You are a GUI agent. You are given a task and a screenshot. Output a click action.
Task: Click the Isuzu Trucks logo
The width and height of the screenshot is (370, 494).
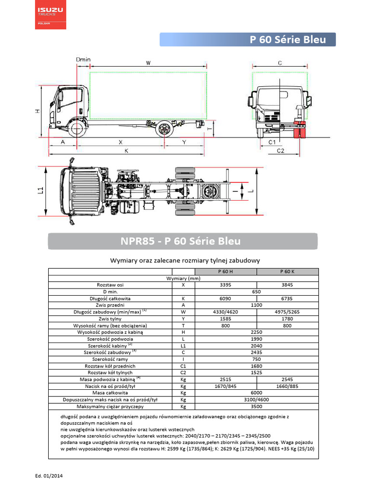[x=51, y=15]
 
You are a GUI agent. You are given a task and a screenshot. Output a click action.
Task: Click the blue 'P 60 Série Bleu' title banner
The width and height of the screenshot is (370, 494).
[x=248, y=40]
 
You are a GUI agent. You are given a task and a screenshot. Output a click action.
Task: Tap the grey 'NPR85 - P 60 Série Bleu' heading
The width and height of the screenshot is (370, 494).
[x=183, y=241]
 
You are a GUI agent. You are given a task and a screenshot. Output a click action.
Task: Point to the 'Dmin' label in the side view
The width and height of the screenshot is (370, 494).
[x=83, y=59]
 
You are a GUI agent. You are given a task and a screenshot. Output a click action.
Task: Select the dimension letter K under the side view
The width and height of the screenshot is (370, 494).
[x=126, y=151]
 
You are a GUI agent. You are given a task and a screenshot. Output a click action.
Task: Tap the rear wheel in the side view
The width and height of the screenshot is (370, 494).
[x=165, y=129]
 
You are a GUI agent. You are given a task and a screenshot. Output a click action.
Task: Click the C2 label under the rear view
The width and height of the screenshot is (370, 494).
[x=280, y=151]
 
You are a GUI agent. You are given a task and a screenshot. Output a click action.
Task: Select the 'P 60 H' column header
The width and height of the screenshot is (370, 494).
[x=225, y=272]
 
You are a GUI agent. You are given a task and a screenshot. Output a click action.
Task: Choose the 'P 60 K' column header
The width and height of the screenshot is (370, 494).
[x=287, y=272]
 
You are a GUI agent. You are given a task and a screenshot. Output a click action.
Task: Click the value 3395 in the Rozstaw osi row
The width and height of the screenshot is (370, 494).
[x=225, y=285]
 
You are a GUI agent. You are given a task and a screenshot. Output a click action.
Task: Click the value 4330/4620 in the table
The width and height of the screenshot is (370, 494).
[x=225, y=312]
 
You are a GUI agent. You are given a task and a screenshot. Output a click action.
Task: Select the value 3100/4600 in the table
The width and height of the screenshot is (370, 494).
[x=256, y=399]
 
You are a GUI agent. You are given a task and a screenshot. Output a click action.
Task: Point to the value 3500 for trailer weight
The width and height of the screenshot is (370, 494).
[x=256, y=406]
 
